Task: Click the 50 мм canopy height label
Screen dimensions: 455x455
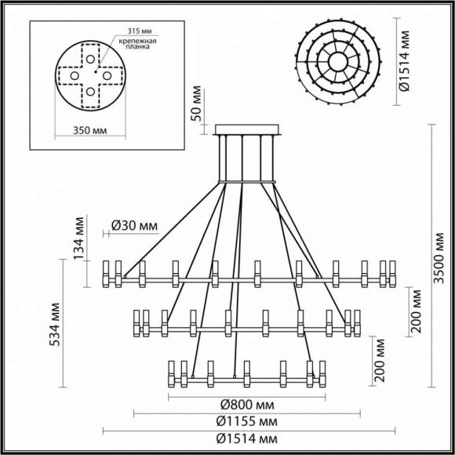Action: (198, 104)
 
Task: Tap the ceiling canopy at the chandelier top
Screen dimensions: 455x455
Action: (245, 128)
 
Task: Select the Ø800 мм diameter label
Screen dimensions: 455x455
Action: (246, 404)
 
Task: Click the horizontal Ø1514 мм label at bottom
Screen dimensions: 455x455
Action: (246, 436)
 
